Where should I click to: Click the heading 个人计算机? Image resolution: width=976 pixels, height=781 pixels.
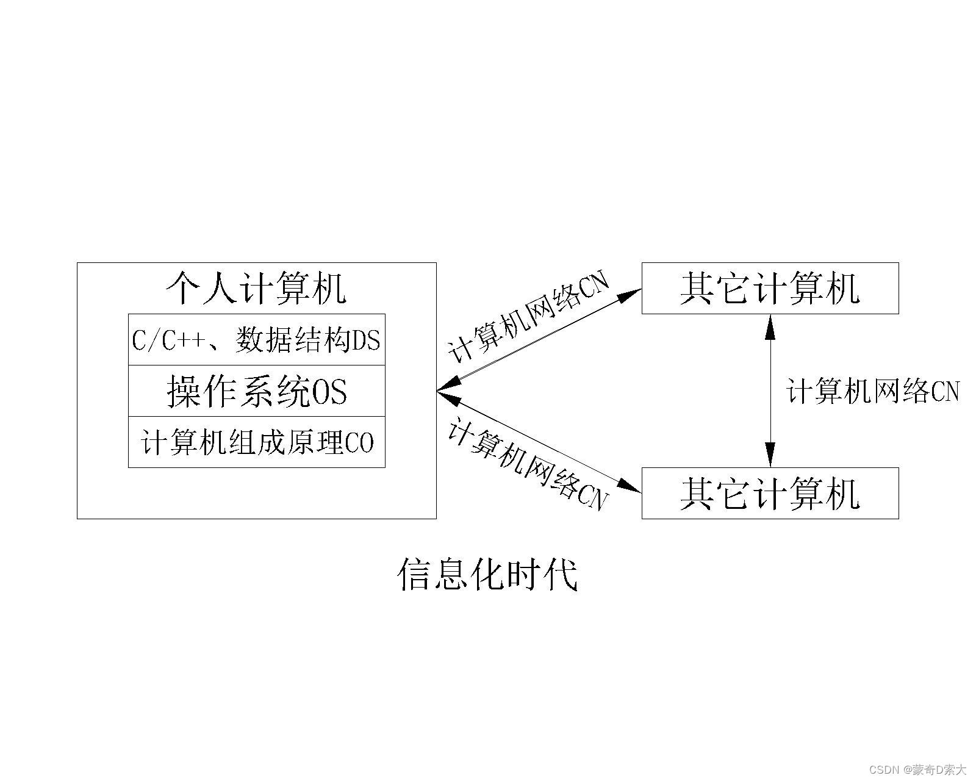coord(256,288)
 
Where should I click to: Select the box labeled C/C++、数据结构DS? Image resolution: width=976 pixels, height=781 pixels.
coord(256,340)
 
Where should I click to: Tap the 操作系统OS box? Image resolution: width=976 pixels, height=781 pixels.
coord(256,391)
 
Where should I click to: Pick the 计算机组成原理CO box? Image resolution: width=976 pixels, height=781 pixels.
coord(256,442)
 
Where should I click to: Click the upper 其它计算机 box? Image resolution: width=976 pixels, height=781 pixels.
coord(770,288)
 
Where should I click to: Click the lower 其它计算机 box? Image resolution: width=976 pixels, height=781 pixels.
coord(770,493)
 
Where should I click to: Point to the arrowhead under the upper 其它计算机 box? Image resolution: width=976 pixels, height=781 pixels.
coord(770,326)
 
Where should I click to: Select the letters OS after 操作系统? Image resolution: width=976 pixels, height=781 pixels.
coord(329,392)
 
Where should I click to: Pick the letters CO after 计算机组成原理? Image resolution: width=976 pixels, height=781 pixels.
coord(359,443)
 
